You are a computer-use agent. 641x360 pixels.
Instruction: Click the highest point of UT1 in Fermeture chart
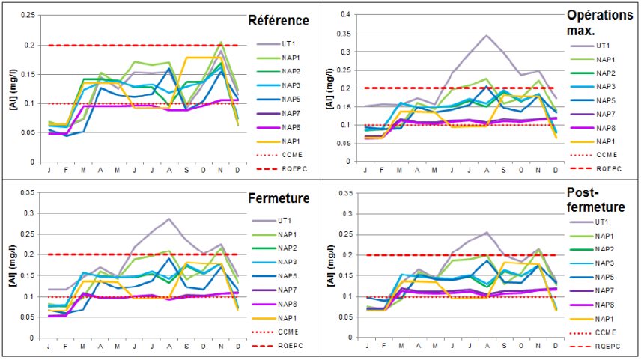[x=170, y=219]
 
